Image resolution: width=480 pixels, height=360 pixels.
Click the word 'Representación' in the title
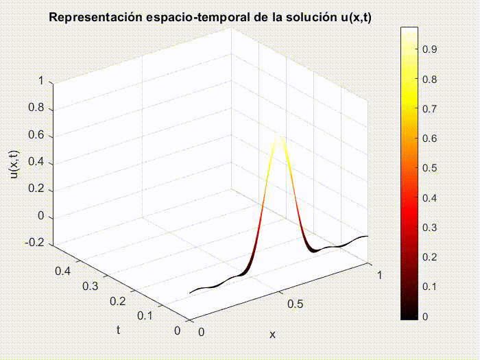click(x=93, y=16)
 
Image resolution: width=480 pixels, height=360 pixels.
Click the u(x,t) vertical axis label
click(x=14, y=163)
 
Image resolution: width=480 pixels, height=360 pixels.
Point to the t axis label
click(x=118, y=330)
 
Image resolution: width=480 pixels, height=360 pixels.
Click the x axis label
click(x=272, y=335)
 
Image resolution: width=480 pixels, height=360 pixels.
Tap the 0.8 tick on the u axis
click(x=35, y=108)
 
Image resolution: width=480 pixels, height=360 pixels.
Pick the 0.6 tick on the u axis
click(x=35, y=136)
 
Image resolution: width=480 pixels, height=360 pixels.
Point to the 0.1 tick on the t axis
click(x=144, y=315)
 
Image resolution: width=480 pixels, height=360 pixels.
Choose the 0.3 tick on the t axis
click(x=90, y=285)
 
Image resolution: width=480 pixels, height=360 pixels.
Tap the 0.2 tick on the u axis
click(x=35, y=189)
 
